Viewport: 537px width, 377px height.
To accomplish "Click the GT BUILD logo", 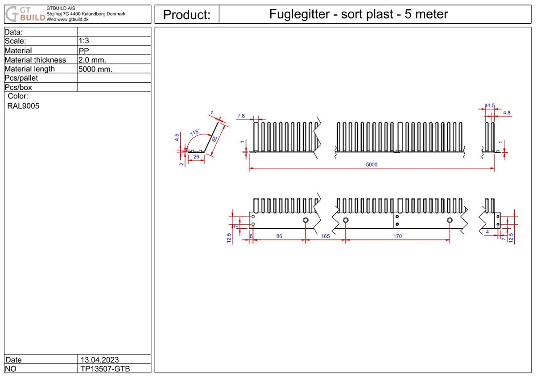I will [x=25, y=14].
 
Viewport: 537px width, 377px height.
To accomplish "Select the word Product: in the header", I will [x=186, y=15].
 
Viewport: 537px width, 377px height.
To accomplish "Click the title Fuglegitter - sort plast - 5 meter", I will [x=358, y=14].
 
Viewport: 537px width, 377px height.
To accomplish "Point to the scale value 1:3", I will [x=84, y=41].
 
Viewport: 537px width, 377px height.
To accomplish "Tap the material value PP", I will [x=83, y=50].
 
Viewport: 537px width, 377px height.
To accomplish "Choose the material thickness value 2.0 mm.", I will [x=92, y=60].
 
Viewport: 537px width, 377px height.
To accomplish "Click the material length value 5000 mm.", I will [x=95, y=69].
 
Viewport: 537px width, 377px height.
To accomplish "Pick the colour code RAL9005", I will [x=23, y=106].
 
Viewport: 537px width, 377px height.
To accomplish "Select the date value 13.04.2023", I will [x=99, y=360].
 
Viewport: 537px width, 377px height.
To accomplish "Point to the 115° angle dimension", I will [x=194, y=132].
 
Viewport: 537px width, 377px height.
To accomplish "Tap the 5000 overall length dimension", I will [x=371, y=164].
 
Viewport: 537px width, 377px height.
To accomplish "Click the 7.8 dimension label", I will [x=241, y=116].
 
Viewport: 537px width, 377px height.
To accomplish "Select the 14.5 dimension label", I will [x=490, y=106].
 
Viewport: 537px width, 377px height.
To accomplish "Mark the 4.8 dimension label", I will [x=507, y=113].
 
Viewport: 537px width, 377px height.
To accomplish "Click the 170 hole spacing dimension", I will [x=397, y=236].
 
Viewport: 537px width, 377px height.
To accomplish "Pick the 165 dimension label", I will [x=325, y=236].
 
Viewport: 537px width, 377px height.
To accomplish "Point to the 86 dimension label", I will [x=279, y=236].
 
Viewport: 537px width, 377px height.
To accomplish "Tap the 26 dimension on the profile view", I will [x=195, y=157].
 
